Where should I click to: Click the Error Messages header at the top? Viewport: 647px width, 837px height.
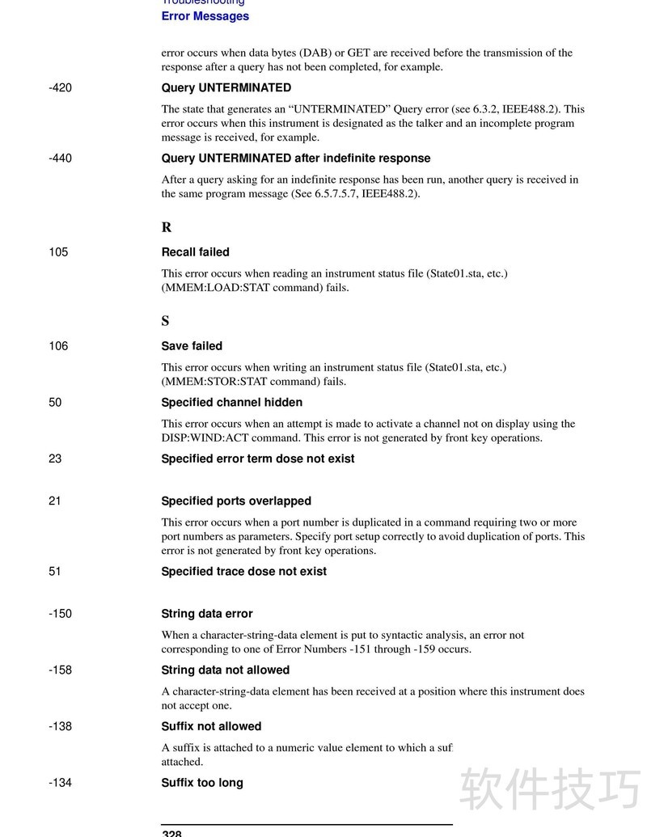(205, 16)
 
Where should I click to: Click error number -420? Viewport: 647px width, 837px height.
(60, 87)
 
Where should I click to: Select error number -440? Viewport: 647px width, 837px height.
(60, 158)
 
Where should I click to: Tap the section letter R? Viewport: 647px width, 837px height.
(166, 227)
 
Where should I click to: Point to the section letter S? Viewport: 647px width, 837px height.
(165, 321)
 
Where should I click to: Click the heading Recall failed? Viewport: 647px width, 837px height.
(195, 252)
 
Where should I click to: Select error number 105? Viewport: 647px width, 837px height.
(58, 252)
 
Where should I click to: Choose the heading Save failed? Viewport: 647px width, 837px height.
(191, 345)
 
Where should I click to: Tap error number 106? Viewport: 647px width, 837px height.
(58, 345)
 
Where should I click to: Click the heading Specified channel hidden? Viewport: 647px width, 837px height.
(231, 402)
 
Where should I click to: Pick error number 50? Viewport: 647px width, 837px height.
(55, 402)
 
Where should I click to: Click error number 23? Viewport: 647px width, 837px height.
(55, 459)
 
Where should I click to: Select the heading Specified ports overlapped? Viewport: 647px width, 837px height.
(235, 501)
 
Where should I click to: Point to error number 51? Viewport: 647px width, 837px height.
(55, 571)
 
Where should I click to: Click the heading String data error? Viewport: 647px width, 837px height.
(206, 613)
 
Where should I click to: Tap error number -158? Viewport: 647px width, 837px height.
(60, 670)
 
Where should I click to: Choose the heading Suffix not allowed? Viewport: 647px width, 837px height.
(211, 726)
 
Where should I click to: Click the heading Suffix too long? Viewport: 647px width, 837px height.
(201, 782)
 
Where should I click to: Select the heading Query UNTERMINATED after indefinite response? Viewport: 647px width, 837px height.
(295, 158)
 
